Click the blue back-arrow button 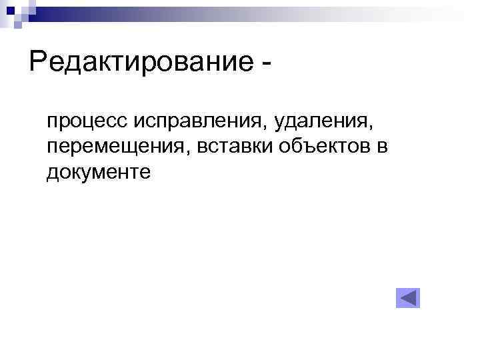[408, 298]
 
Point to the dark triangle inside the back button [410, 298]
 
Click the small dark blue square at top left [11, 9]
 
